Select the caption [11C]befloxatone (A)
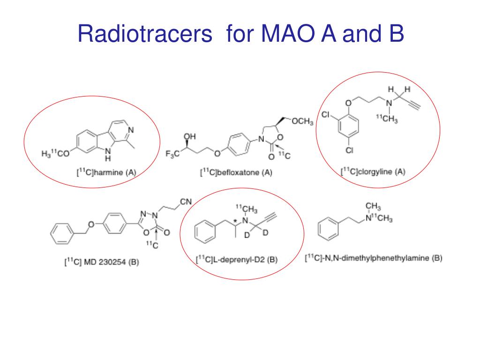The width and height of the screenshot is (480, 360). point(236,172)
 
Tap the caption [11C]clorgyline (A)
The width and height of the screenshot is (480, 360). point(373,172)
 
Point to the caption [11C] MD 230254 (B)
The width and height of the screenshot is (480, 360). point(101,262)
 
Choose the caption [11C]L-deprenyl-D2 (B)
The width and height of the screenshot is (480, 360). point(236,260)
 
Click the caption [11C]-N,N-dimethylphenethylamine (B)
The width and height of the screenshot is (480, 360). point(374,258)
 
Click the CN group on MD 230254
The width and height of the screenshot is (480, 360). point(186,202)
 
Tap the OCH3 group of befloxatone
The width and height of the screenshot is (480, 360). point(302,122)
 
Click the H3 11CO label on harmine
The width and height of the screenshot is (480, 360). point(53,153)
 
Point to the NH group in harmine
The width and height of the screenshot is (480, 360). point(108,154)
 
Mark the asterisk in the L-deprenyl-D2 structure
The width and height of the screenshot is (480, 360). point(235,217)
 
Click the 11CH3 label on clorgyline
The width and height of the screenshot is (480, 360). point(387,120)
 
